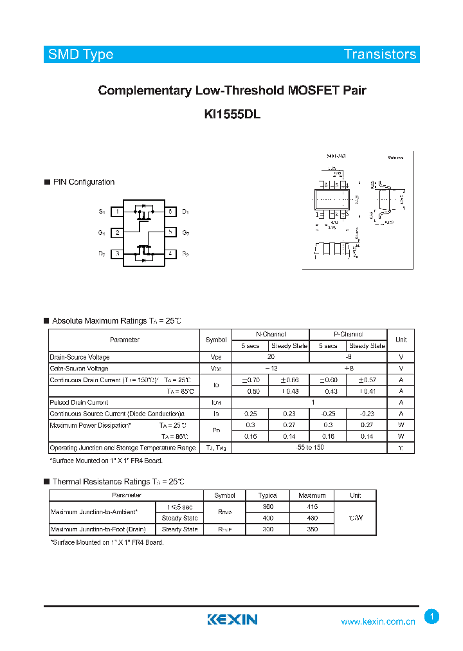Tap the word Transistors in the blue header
pos(380,54)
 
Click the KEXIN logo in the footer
pos(232,619)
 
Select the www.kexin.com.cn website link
pos(377,621)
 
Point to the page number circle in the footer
pos(432,617)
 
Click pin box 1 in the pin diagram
pos(117,212)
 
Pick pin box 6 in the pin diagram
pos(170,212)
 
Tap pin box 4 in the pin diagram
pos(170,254)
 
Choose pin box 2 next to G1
pos(117,233)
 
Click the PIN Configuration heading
pos(84,182)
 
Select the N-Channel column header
pos(270,335)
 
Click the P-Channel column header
pos(348,335)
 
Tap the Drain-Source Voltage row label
pos(80,357)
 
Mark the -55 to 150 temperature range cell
pos(309,448)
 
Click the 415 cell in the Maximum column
pos(312,507)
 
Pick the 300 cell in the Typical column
pos(268,529)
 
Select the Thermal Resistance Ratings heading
pos(118,482)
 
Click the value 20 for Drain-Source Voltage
pos(270,357)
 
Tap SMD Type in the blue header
pos(81,54)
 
